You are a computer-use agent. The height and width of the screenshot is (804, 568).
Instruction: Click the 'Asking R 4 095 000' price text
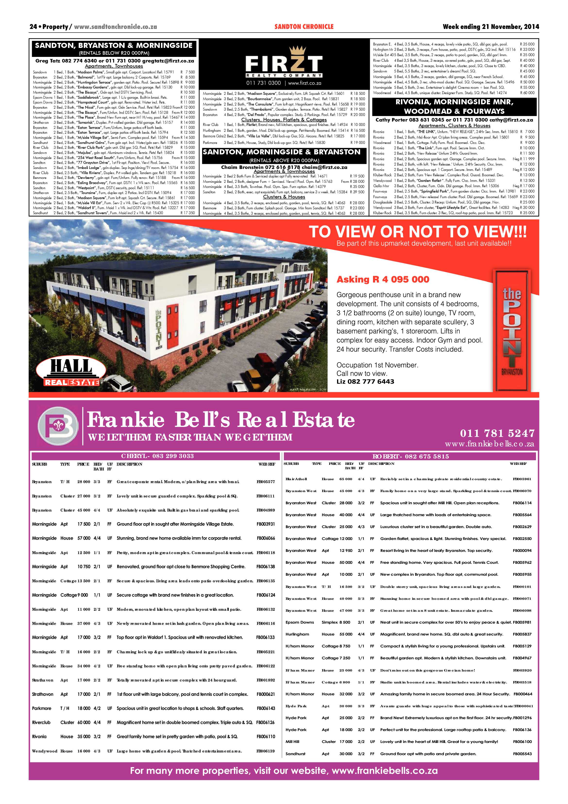click(x=383, y=279)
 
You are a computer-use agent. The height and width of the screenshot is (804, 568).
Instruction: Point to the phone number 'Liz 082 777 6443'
click(x=365, y=381)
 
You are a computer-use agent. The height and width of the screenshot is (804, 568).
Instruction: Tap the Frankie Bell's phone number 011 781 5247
click(x=497, y=433)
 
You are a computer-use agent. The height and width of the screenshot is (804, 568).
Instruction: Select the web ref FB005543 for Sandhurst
click(x=522, y=754)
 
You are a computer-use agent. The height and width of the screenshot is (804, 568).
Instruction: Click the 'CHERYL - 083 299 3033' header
click(x=157, y=456)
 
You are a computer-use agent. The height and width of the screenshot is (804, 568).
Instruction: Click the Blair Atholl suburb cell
click(x=296, y=479)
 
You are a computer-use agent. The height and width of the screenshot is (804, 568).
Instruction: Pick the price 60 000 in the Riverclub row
click(x=84, y=722)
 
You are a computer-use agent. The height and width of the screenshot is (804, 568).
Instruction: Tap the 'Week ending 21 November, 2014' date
click(x=491, y=27)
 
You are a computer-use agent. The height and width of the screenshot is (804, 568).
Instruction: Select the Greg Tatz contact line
click(x=114, y=61)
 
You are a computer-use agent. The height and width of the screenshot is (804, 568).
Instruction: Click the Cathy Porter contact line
click(x=454, y=120)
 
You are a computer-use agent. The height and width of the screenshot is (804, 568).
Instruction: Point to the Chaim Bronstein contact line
click(x=284, y=167)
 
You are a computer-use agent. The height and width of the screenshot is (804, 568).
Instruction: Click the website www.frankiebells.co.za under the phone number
click(x=489, y=444)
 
